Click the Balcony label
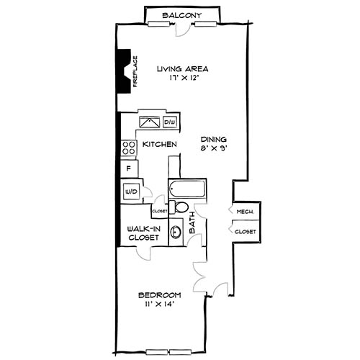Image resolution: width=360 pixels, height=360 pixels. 180,15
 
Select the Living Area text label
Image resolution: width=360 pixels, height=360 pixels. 183,69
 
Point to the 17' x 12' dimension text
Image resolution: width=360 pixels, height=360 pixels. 183,79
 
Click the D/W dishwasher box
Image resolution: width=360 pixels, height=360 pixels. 170,122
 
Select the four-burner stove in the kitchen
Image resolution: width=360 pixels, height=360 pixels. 129,148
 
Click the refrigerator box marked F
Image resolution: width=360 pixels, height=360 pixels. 129,169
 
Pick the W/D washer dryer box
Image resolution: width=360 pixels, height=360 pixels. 131,192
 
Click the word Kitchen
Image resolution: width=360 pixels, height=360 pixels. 160,145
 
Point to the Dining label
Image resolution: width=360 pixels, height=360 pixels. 215,140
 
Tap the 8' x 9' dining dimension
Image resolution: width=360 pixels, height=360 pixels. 215,150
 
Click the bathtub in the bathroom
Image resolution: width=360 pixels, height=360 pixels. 186,191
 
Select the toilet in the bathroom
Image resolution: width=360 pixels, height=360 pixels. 180,208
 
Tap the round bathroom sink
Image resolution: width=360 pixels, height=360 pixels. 176,233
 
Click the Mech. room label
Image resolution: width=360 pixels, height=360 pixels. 244,212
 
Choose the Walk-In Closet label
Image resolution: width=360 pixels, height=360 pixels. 143,233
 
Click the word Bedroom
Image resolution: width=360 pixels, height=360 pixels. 159,295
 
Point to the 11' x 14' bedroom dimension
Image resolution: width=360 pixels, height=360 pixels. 159,305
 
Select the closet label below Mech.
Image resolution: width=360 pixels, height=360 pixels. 246,233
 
